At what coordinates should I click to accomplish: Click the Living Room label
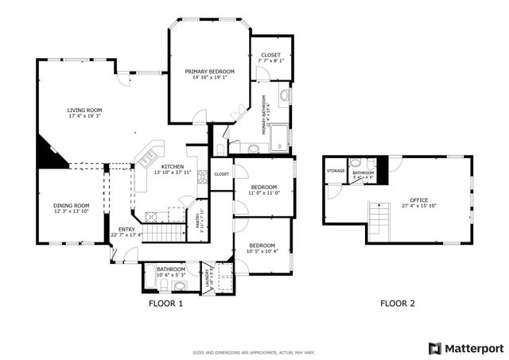point(84,110)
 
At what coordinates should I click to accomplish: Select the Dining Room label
point(71,205)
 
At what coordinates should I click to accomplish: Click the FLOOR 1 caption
point(165,304)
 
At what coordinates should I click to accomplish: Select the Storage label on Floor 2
point(336,171)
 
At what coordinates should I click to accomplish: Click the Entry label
point(126,230)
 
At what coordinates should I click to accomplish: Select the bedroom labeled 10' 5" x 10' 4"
point(262,247)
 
